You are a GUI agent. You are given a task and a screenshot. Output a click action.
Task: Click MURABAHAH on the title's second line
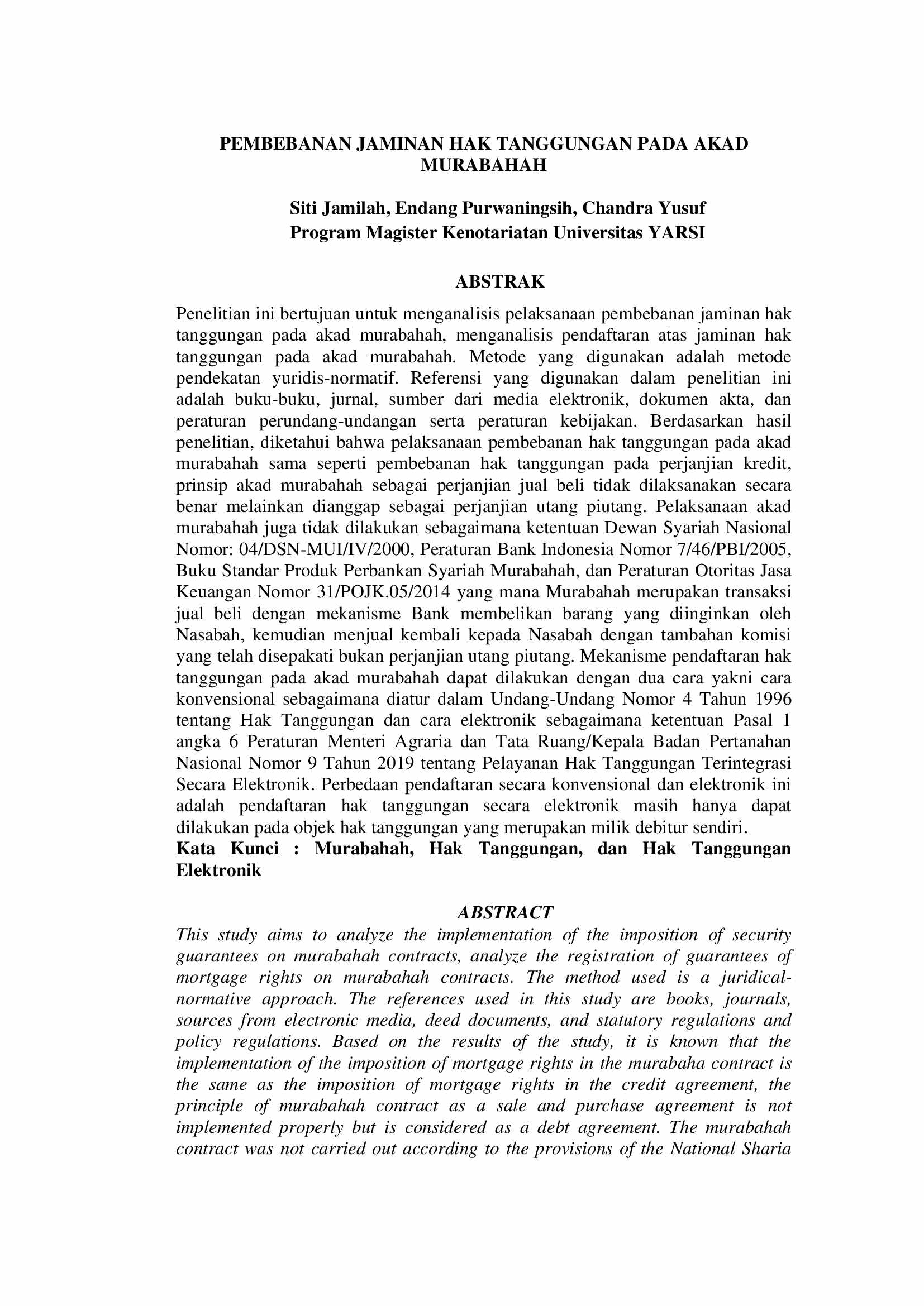[x=484, y=165]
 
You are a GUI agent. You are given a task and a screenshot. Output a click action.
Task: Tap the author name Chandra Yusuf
[x=644, y=208]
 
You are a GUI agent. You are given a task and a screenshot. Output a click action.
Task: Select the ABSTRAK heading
[x=500, y=281]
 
